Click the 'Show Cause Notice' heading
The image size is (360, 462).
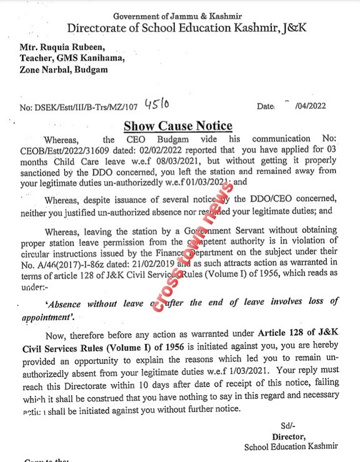tap(178, 127)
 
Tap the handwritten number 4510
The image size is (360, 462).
tap(156, 103)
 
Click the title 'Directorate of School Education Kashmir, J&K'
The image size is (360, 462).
tap(182, 28)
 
